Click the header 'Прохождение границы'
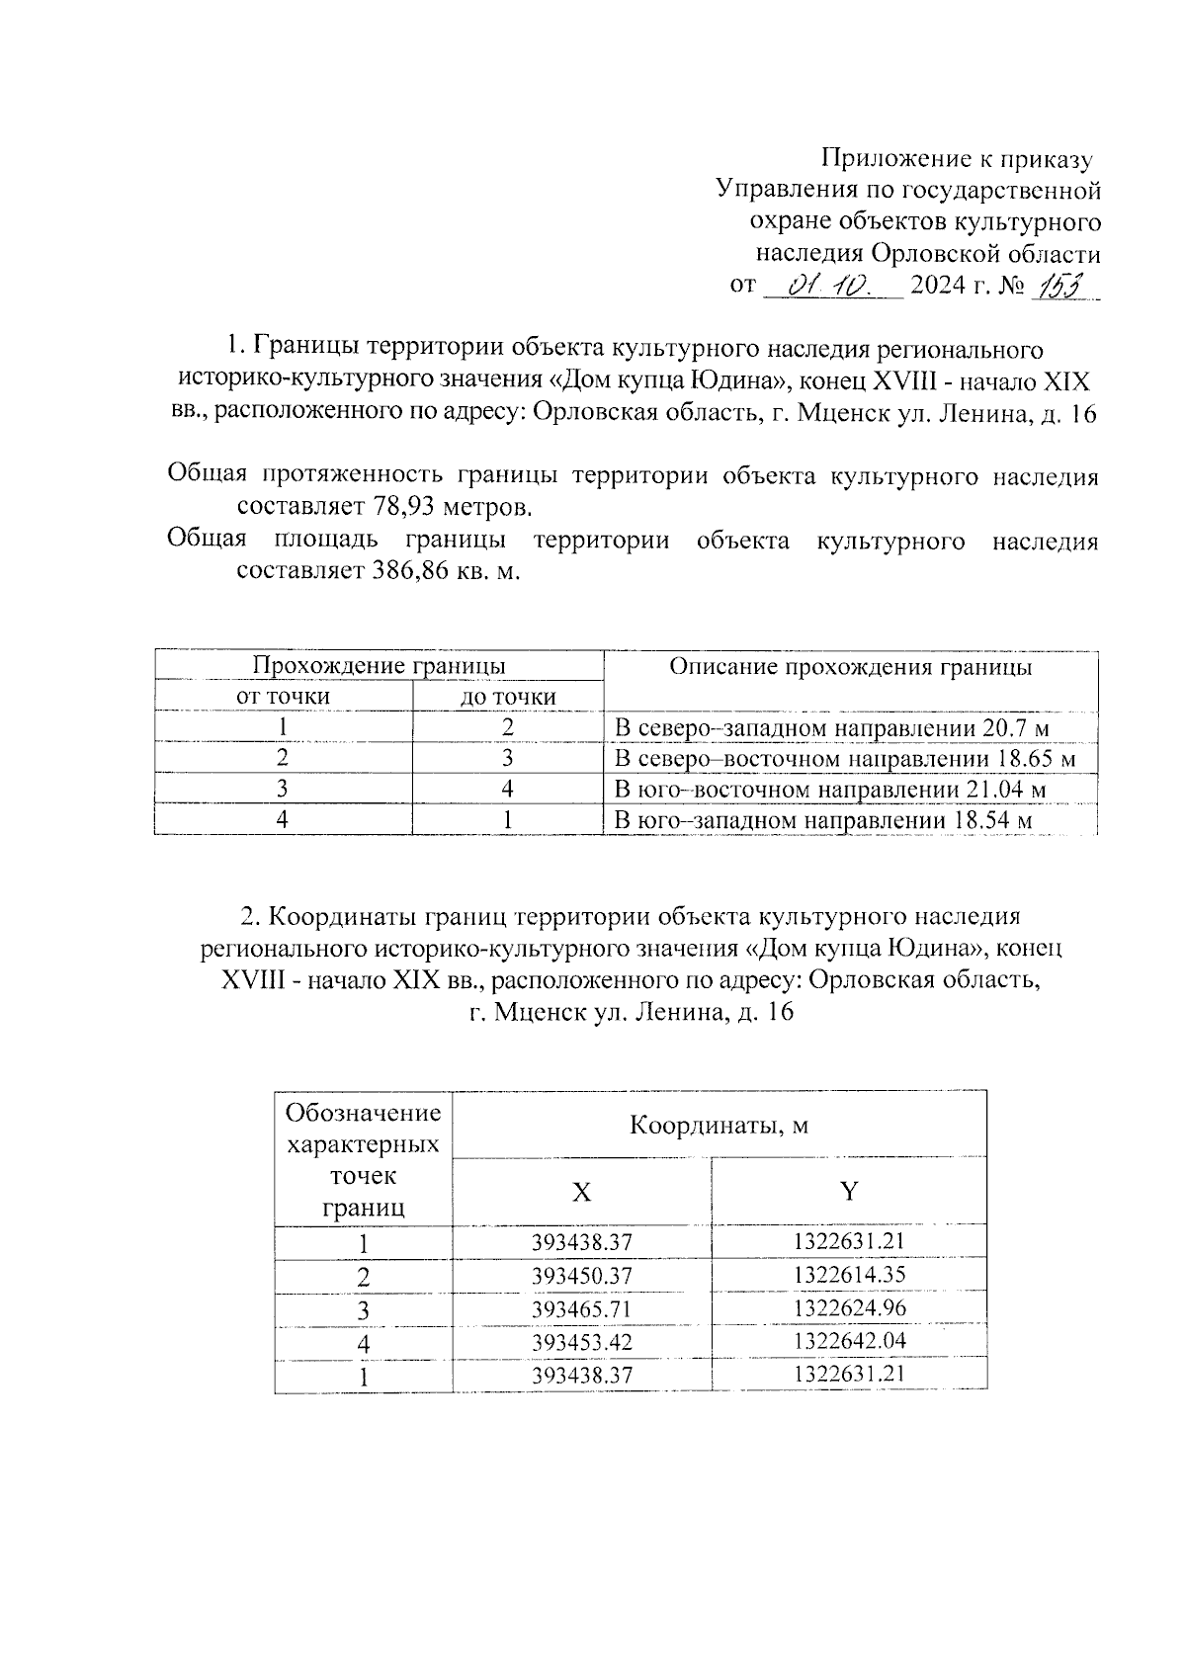pos(380,666)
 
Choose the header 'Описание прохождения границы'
pos(850,667)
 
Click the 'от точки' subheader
pos(283,697)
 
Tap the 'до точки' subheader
pos(508,698)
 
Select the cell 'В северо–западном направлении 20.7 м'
pos(831,729)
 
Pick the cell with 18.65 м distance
pos(844,759)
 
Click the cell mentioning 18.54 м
pos(823,820)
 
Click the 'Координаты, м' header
pos(720,1125)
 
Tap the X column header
pos(582,1192)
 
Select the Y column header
pos(849,1191)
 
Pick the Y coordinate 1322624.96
pos(849,1308)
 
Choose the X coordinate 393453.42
pos(581,1343)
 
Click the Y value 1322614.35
pos(849,1275)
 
